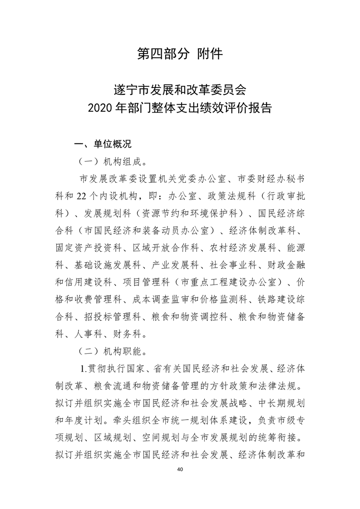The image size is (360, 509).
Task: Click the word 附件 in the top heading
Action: pyautogui.click(x=210, y=54)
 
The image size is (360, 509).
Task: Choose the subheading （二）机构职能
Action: pyautogui.click(x=113, y=351)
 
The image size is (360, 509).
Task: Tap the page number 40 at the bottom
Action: pyautogui.click(x=180, y=469)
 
